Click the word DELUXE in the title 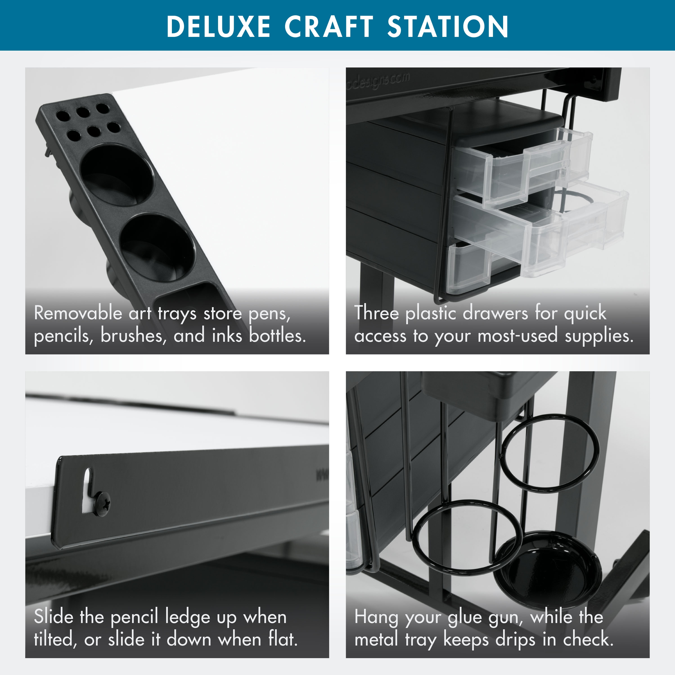(x=218, y=27)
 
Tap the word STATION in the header (x=448, y=27)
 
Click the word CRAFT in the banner (x=329, y=27)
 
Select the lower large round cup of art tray (x=157, y=247)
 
